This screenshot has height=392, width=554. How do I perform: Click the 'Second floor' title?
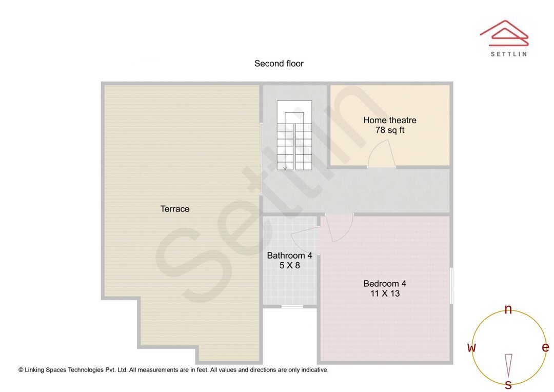pos(279,64)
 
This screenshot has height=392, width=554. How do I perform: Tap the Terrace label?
pos(175,209)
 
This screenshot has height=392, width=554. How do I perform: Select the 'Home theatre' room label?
pos(389,120)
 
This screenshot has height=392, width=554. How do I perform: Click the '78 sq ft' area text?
pos(389,130)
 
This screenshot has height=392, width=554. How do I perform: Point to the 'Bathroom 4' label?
pos(289,256)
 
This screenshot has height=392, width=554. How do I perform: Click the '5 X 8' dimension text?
pos(289,266)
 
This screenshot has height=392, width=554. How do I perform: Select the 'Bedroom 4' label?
pos(385,283)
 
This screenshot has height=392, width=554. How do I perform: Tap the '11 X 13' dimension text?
pos(385,293)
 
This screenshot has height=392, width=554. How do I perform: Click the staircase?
pos(294,136)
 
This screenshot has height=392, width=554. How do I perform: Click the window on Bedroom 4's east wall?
pos(451,285)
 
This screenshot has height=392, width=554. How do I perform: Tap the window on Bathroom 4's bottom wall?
pos(292,307)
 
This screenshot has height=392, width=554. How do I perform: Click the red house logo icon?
pos(504,33)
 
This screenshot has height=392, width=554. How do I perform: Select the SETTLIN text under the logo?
pos(508,54)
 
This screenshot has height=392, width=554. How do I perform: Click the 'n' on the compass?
pos(508,309)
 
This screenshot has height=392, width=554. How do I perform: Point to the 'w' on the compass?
pos(471,348)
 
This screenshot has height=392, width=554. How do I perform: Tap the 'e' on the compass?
pos(545,347)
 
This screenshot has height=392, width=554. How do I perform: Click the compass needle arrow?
pos(508,365)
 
